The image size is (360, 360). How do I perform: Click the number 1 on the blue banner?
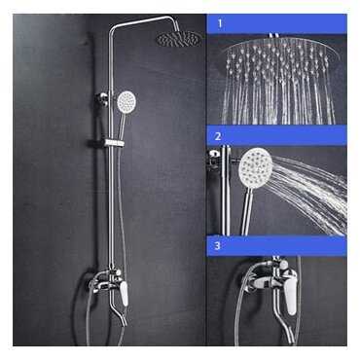[x=220, y=23]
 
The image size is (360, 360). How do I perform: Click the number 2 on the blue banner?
[x=218, y=136]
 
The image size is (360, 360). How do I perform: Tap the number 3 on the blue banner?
[x=217, y=245]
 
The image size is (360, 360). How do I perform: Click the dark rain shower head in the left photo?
[x=179, y=39]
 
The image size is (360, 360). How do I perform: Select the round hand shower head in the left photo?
[x=126, y=100]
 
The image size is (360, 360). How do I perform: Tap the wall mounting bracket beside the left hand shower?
[x=102, y=97]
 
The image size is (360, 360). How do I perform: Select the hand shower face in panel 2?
[x=256, y=165]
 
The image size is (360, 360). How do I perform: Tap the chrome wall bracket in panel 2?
[x=214, y=159]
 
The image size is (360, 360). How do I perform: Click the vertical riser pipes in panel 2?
[x=226, y=191]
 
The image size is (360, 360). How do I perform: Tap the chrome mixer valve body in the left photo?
[x=105, y=281]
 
